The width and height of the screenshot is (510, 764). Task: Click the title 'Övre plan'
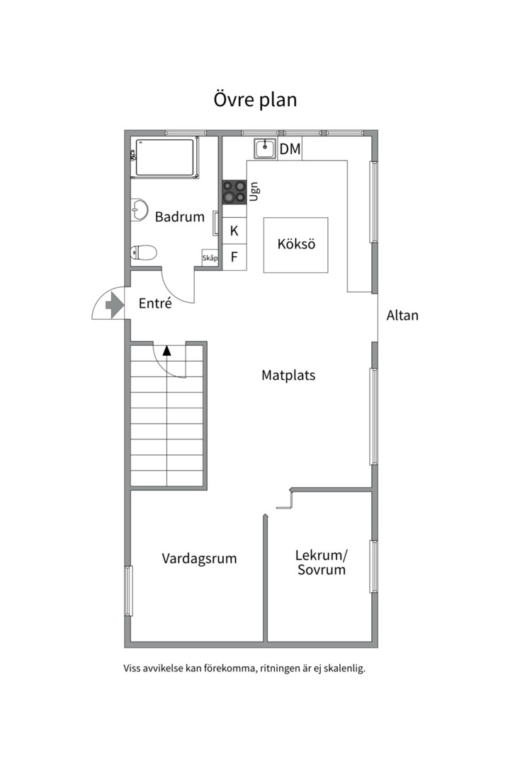(255, 100)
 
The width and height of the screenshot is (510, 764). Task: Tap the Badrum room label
(180, 216)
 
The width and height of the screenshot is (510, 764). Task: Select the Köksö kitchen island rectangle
(296, 245)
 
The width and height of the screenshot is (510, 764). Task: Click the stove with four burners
(234, 192)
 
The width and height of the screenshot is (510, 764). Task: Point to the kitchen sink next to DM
(265, 149)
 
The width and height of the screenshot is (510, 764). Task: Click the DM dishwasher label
(290, 149)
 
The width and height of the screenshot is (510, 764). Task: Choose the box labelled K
(234, 231)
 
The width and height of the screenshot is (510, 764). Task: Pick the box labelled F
(234, 257)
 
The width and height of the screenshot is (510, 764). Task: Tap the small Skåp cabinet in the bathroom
(210, 257)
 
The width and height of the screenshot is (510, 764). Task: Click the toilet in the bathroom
(144, 253)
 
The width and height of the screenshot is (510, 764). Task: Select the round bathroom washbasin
(140, 210)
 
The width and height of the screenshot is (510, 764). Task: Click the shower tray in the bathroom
(165, 157)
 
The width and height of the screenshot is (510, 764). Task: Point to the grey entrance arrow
(114, 306)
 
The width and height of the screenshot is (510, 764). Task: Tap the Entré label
(155, 303)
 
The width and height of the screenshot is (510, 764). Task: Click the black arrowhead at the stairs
(167, 350)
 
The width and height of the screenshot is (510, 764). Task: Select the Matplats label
(288, 375)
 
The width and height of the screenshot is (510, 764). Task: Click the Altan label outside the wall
(402, 316)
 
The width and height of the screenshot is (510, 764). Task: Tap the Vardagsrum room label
(199, 558)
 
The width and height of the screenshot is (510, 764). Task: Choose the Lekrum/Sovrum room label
(322, 562)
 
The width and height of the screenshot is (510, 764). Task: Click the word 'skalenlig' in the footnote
(346, 668)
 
